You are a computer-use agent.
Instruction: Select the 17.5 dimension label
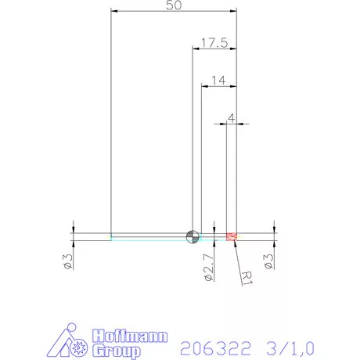pyautogui.click(x=214, y=43)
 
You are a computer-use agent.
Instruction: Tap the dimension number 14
pyautogui.click(x=218, y=79)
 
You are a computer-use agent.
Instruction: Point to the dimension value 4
pyautogui.click(x=231, y=117)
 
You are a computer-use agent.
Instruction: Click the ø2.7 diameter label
pyautogui.click(x=207, y=266)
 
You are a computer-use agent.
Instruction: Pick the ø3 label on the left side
pyautogui.click(x=68, y=261)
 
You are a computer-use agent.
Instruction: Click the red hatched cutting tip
pyautogui.click(x=231, y=236)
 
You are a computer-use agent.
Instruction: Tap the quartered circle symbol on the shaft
pyautogui.click(x=192, y=236)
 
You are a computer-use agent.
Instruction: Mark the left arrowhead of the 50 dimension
pyautogui.click(x=114, y=12)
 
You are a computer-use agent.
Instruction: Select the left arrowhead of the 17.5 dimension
pyautogui.click(x=196, y=49)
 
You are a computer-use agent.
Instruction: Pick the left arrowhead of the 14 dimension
pyautogui.click(x=205, y=85)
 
